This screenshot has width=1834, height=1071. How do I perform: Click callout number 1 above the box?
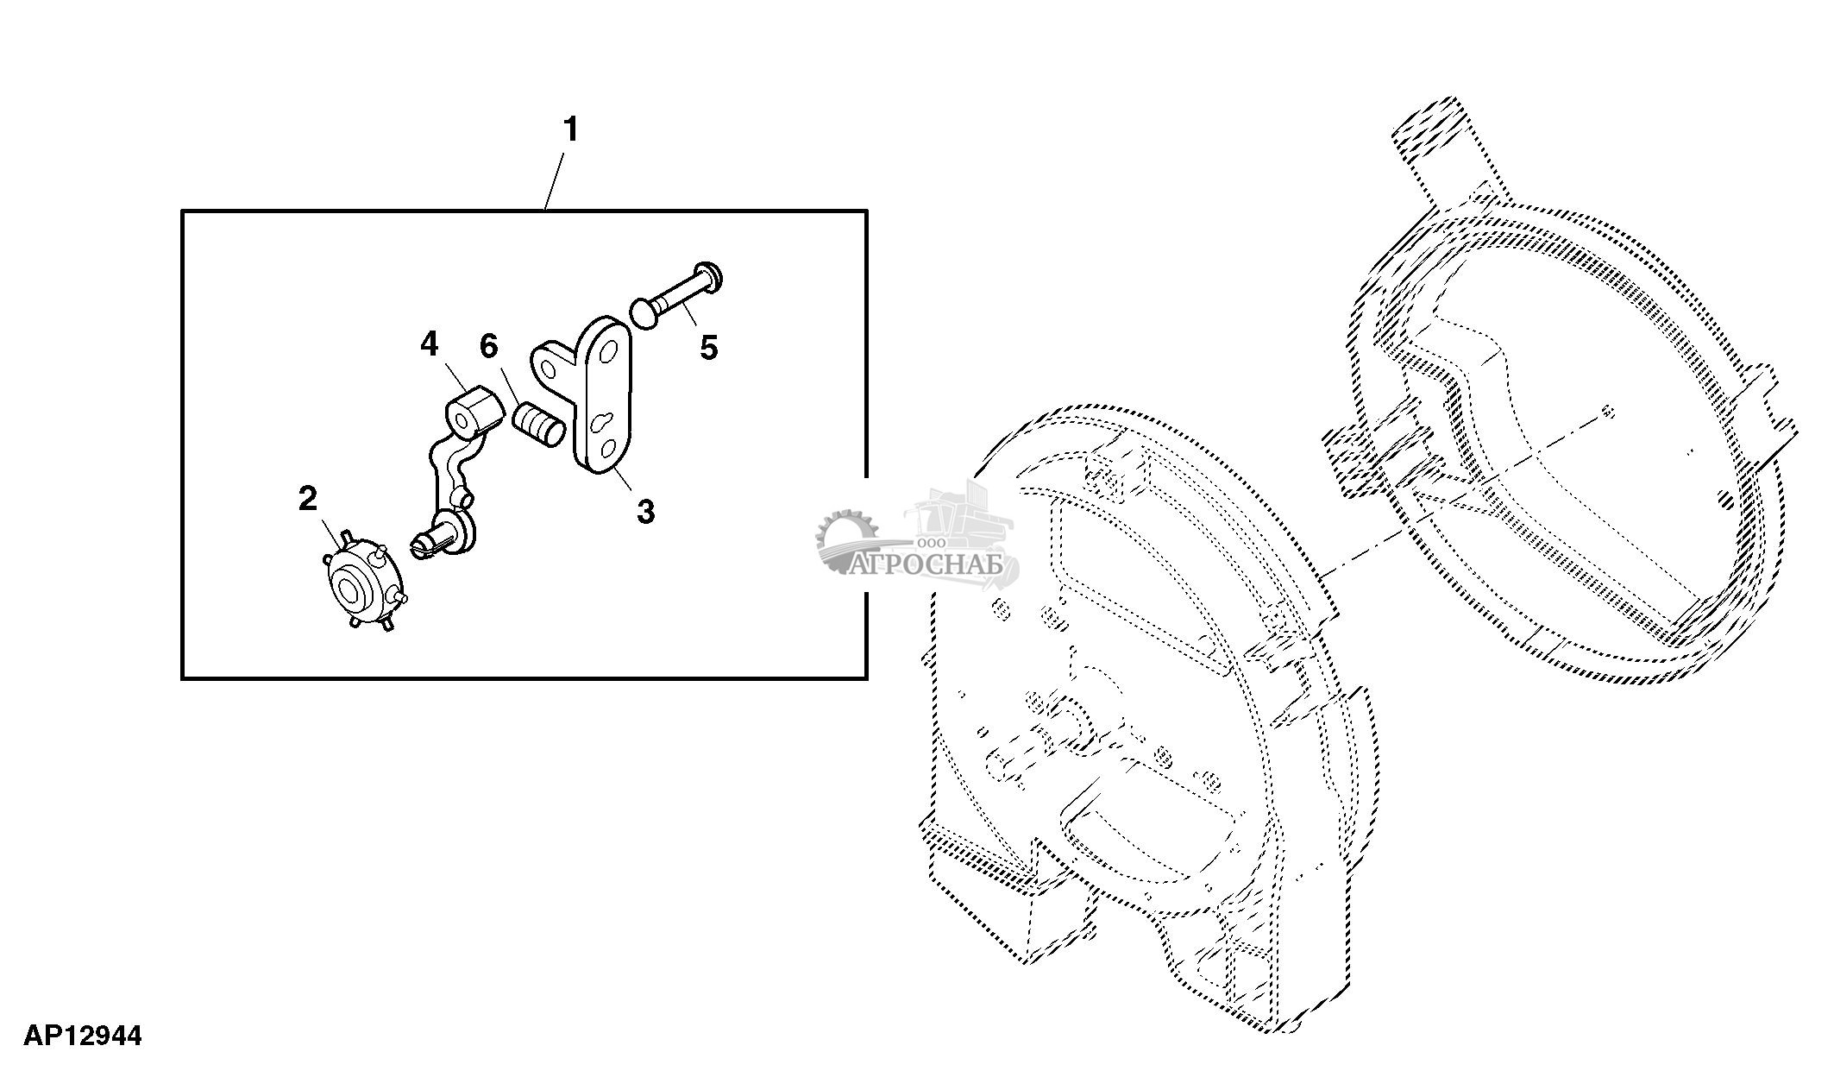[569, 130]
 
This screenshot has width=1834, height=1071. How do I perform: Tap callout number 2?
[308, 498]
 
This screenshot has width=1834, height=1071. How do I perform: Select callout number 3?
[645, 511]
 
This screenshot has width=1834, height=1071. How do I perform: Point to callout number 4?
[429, 344]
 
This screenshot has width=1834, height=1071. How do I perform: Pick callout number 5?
[708, 349]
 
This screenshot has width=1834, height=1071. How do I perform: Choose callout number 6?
[488, 346]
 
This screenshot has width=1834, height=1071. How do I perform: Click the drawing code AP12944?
[83, 1036]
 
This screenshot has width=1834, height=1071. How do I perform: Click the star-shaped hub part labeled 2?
[363, 583]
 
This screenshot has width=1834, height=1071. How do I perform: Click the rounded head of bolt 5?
[644, 312]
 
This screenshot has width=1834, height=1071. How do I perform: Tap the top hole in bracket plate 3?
[608, 351]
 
